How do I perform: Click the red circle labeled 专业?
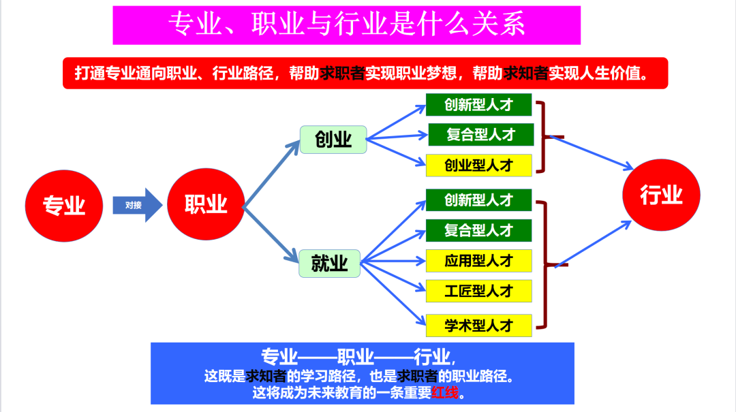[64, 205]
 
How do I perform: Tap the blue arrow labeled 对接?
[137, 205]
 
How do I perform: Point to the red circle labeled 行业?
[660, 196]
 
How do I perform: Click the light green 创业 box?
[333, 140]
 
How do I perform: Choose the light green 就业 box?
[330, 263]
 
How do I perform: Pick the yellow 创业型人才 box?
[478, 165]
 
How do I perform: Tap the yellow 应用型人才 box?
[478, 261]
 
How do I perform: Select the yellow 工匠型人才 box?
[478, 291]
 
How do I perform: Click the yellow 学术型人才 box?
[478, 325]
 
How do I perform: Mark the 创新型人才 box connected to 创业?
[478, 104]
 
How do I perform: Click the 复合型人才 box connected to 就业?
[478, 230]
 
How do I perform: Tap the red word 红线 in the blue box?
[446, 393]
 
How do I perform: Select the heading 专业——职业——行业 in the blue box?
[356, 356]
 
